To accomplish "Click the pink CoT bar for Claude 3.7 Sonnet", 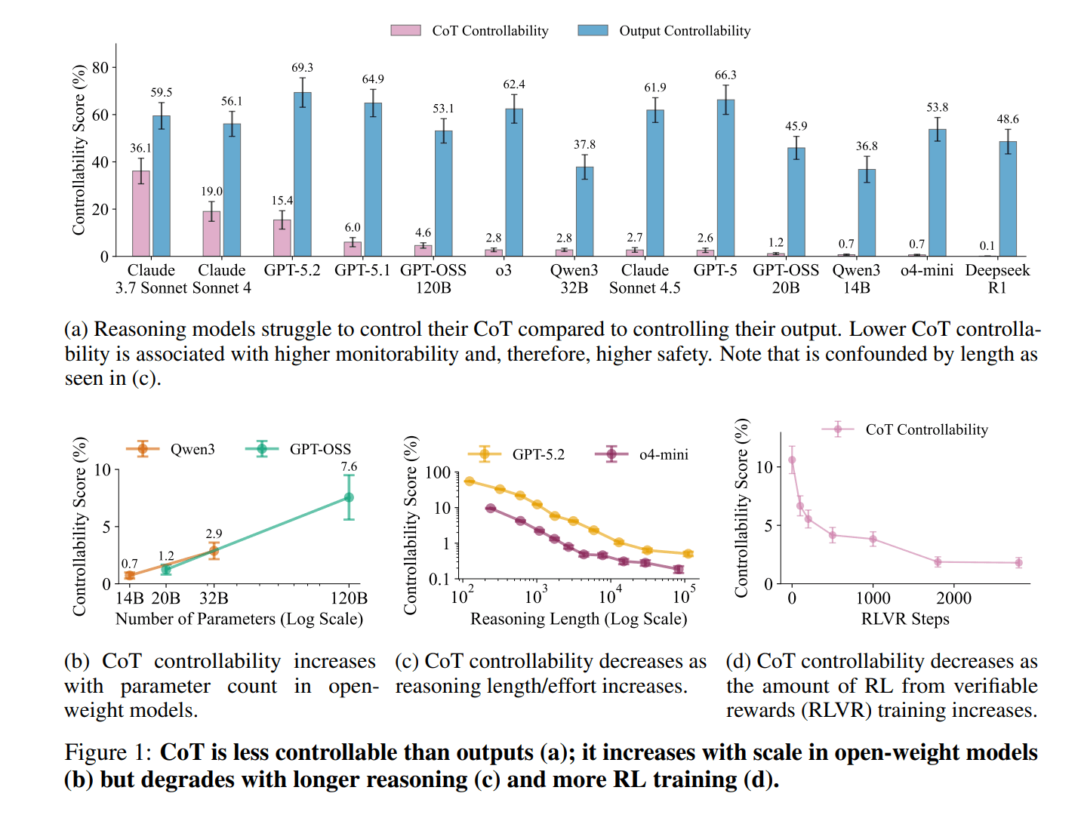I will pos(140,214).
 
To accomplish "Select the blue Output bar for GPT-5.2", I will pos(303,174).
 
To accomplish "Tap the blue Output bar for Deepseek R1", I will pos(1008,199).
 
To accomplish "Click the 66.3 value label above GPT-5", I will pos(725,75).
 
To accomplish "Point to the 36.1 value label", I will pos(140,149).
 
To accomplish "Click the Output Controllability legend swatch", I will pos(593,31).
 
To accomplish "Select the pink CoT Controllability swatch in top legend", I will pos(405,31).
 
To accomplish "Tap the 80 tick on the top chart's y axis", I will pos(100,68).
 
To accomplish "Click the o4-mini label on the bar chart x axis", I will pos(927,270).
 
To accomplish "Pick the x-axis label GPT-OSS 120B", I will pos(433,278).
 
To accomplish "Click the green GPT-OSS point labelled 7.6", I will pos(349,497).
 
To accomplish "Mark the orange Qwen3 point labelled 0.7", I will pos(130,575).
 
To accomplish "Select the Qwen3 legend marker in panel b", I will pos(143,449).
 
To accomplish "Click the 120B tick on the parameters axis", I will pos(349,598).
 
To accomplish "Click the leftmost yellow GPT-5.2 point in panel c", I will pos(470,481).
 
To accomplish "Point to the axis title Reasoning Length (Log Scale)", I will pos(578,619).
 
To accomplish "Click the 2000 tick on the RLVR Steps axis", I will pos(953,598).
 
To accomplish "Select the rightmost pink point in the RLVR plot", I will pos(1018,563).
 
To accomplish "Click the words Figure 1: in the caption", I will pos(107,752).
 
